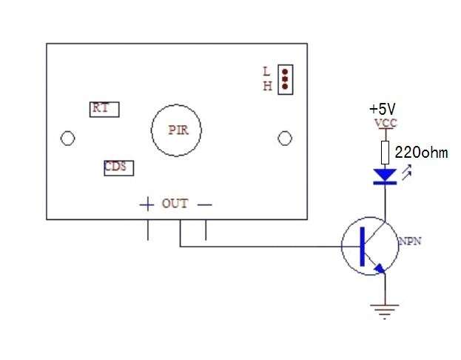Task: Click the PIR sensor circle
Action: coord(152,130)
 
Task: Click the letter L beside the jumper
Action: coord(266,72)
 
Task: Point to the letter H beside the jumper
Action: coord(267,86)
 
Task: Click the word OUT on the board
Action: coord(175,204)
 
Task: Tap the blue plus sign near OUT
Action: coord(147,204)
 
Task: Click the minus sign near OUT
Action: coord(205,204)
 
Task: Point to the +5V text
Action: coord(383,109)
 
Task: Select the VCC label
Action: coord(386,123)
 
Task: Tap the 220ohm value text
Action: coord(421,153)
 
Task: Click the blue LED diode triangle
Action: coord(385,175)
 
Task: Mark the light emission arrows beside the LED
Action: coord(406,173)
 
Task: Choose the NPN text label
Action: coord(410,241)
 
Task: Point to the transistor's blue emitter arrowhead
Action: coord(380,268)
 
